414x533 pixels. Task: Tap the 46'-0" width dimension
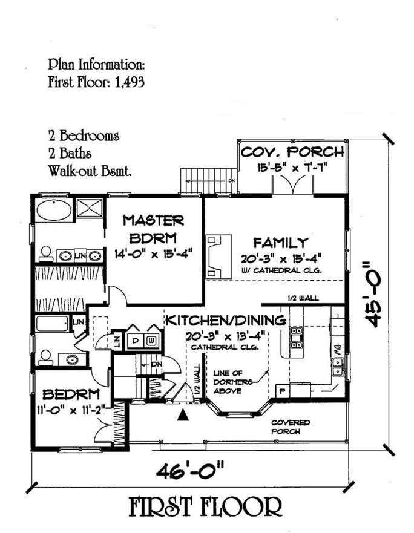tap(192, 469)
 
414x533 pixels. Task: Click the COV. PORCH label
tap(292, 152)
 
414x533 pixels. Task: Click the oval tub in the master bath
tap(53, 211)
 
